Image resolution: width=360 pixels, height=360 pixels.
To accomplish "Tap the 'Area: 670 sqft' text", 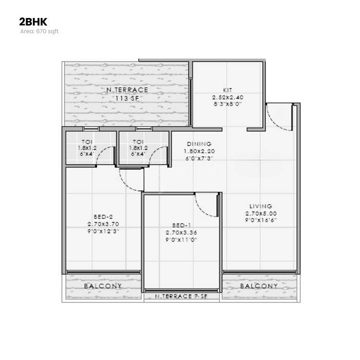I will [x=40, y=31].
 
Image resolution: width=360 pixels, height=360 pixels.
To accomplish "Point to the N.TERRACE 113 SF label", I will [x=123, y=94].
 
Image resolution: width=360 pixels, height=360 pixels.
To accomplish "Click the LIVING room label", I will [x=261, y=206].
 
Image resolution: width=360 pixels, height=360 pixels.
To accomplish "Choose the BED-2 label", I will [x=103, y=217].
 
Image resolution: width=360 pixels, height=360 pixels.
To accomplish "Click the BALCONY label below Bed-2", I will [x=103, y=286].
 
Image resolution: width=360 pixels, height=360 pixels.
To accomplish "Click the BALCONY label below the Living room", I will [x=259, y=286].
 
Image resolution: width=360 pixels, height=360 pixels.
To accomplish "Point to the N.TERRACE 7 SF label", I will [x=182, y=297].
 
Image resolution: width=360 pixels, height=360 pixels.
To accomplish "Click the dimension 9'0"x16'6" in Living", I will [x=261, y=220].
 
